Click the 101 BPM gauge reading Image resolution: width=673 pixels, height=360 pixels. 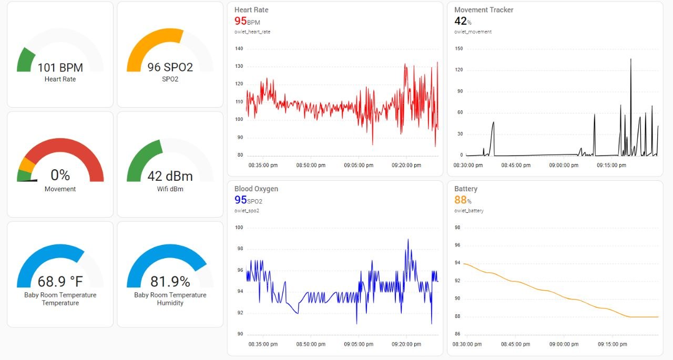click(x=60, y=67)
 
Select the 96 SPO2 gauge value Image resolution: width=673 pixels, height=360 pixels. click(x=170, y=67)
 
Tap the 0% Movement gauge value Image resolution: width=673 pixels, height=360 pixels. click(x=60, y=175)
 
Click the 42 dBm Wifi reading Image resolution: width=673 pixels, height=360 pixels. click(x=170, y=176)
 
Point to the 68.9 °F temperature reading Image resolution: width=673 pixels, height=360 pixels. click(x=60, y=282)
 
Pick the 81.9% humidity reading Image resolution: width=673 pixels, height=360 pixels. click(x=170, y=282)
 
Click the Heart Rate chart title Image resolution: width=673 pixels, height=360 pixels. click(x=251, y=10)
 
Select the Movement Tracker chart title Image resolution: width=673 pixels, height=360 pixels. click(x=484, y=10)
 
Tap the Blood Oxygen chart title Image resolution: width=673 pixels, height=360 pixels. click(x=256, y=189)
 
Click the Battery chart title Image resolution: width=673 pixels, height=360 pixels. click(x=466, y=189)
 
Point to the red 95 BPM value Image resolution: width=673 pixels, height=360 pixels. click(x=241, y=21)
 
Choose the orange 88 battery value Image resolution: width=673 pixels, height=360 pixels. click(x=460, y=200)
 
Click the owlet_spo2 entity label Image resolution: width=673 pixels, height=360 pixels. click(x=247, y=211)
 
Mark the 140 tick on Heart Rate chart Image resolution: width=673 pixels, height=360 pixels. click(x=239, y=49)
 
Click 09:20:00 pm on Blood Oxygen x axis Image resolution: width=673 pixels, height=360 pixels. click(x=406, y=345)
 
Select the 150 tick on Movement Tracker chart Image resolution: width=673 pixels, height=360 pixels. click(x=458, y=49)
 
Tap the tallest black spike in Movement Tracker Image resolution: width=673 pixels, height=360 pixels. click(x=630, y=59)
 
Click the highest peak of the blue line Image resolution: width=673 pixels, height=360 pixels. click(x=408, y=240)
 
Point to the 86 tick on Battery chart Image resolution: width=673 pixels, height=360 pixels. click(x=457, y=334)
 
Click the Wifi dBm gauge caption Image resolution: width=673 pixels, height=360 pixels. click(x=170, y=189)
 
